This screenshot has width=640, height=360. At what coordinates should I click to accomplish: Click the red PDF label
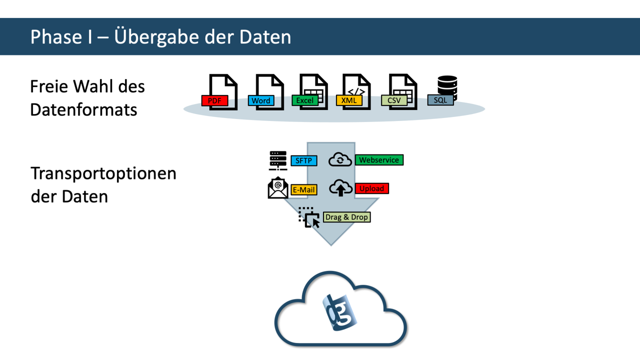[x=214, y=101]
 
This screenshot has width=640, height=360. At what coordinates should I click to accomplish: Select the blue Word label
[x=261, y=101]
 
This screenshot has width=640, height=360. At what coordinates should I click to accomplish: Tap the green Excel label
[x=305, y=100]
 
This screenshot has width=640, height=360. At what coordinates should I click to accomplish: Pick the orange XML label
[x=349, y=100]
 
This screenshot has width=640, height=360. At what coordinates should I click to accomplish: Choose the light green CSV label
[x=394, y=100]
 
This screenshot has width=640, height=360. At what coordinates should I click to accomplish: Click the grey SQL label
[x=440, y=100]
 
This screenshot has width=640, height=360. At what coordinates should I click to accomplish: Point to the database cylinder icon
[x=447, y=85]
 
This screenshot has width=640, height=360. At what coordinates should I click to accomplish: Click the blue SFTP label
[x=304, y=161]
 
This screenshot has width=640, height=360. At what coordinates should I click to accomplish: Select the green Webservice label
[x=379, y=160]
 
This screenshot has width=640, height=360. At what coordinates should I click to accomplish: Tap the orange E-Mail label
[x=304, y=190]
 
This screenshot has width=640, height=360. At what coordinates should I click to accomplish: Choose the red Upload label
[x=371, y=188]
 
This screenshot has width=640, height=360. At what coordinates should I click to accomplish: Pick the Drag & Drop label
[x=346, y=217]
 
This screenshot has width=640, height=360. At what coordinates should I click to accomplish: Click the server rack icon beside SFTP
[x=278, y=160]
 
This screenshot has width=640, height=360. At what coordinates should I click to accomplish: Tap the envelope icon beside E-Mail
[x=278, y=188]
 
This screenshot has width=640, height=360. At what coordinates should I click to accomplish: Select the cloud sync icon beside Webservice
[x=340, y=160]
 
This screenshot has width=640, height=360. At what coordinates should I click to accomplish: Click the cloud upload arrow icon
[x=340, y=188]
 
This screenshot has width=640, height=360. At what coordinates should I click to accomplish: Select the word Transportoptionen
[x=103, y=173]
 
